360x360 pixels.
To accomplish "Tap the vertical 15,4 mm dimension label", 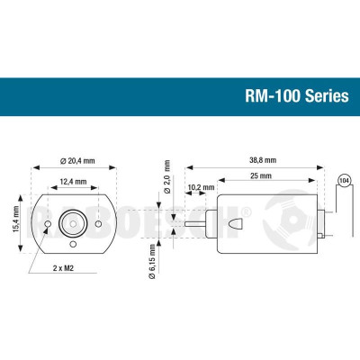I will (15, 218).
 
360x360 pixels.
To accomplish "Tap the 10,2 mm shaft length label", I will (200, 187).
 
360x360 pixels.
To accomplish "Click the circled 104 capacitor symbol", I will (342, 180).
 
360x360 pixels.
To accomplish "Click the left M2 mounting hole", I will (47, 222).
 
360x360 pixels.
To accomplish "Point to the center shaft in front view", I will (74, 221).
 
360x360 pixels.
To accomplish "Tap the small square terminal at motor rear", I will (320, 236).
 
